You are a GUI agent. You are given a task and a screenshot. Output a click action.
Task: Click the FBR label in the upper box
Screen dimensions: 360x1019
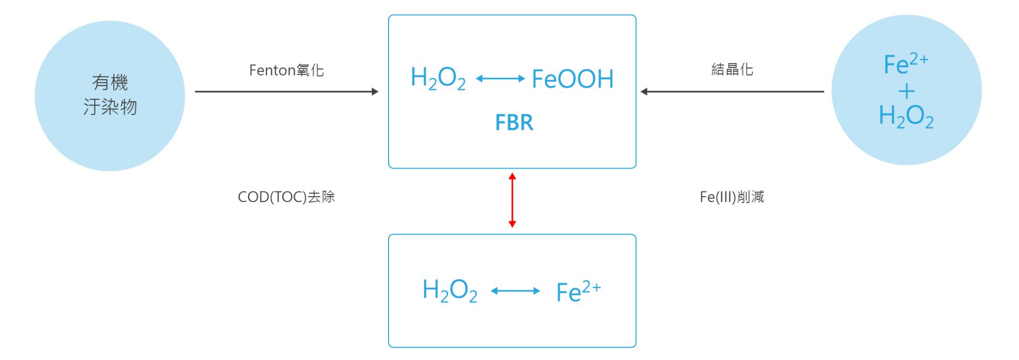coord(513,123)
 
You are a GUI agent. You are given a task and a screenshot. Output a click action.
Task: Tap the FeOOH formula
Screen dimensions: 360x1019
coord(572,79)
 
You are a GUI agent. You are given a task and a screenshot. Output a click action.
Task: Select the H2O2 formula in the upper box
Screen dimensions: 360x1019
coord(438,79)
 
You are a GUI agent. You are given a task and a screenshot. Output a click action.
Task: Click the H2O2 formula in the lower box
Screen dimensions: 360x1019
coord(450,291)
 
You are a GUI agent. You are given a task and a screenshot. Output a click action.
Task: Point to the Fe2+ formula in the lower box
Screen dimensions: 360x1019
coord(578,291)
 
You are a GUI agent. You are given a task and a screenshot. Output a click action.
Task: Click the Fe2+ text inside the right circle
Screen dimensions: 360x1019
coord(905,65)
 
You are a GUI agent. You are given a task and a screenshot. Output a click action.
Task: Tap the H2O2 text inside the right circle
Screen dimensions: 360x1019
coord(906,116)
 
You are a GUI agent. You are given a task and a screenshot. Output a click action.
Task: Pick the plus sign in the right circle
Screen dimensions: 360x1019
coord(906,91)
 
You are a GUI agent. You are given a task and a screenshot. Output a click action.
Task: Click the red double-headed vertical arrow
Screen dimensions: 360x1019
coord(512,200)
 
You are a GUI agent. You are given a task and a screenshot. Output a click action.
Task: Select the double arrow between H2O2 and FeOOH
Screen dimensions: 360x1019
coord(500,79)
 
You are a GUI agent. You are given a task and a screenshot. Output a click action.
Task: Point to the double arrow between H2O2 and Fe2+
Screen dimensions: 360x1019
coord(515,291)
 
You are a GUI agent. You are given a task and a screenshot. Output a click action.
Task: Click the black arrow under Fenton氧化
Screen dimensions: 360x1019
coord(287,91)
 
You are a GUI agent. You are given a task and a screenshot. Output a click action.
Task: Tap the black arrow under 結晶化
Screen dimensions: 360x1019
coord(732,91)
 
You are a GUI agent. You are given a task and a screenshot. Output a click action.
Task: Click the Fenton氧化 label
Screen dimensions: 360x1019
coord(287,70)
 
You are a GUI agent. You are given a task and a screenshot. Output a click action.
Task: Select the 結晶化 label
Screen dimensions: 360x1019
coord(732,70)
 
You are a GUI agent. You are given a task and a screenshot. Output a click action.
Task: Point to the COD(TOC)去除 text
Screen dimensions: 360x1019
coord(286,197)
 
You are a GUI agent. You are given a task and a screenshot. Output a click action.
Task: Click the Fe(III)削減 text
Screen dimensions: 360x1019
coord(731,197)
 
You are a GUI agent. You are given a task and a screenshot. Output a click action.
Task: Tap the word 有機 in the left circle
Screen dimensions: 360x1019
coord(110,82)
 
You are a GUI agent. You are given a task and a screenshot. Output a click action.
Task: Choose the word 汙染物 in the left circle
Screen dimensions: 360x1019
coord(110,107)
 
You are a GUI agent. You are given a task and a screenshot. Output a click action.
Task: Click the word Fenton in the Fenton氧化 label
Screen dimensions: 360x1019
coord(272,70)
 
